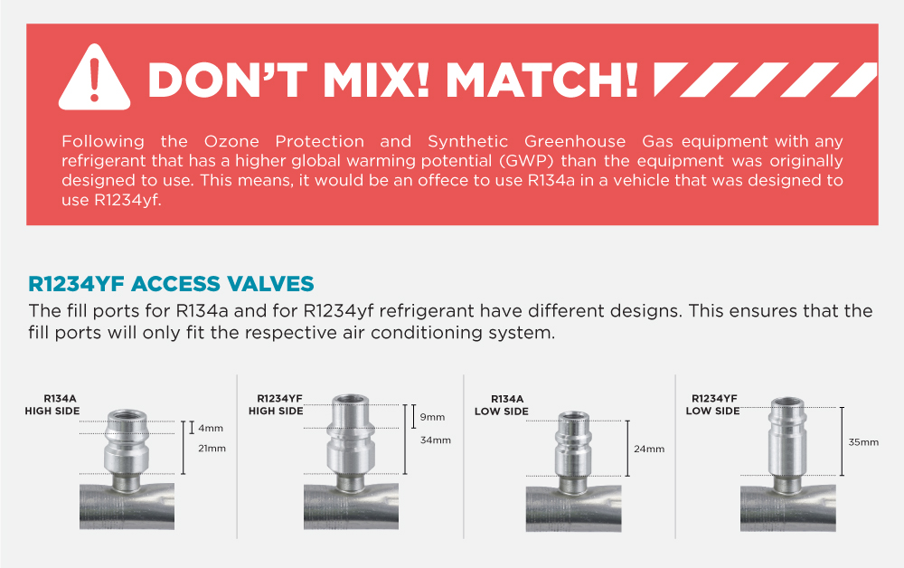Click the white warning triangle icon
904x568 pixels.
[95, 78]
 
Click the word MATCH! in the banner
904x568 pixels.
[542, 80]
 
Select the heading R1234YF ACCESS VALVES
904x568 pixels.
[172, 283]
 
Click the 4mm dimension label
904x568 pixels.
[211, 428]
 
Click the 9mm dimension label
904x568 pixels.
[433, 417]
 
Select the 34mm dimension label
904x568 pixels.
[436, 440]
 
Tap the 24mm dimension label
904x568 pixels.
[649, 449]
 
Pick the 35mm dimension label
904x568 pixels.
[862, 442]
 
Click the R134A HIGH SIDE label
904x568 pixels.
[52, 404]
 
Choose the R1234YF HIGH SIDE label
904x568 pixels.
[276, 404]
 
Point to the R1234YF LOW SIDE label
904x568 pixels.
[713, 404]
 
